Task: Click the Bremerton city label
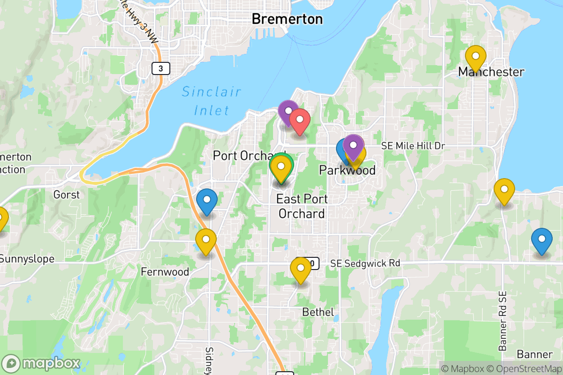pyautogui.click(x=287, y=19)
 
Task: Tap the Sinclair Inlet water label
pyautogui.click(x=212, y=101)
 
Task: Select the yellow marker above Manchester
pyautogui.click(x=475, y=58)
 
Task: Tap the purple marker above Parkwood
pyautogui.click(x=353, y=146)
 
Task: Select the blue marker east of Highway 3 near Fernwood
pyautogui.click(x=206, y=201)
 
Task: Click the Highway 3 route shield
pyautogui.click(x=160, y=68)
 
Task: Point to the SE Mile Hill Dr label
pyautogui.click(x=413, y=146)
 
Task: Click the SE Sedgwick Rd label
pyautogui.click(x=365, y=263)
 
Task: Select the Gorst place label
pyautogui.click(x=67, y=194)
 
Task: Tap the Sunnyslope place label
pyautogui.click(x=27, y=259)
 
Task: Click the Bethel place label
pyautogui.click(x=318, y=312)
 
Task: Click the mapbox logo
pyautogui.click(x=41, y=364)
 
